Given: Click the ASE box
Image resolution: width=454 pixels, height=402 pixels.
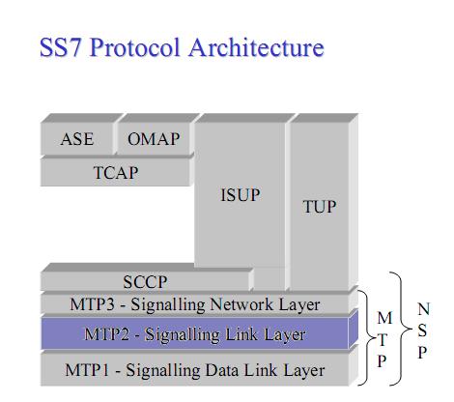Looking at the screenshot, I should pos(77,139).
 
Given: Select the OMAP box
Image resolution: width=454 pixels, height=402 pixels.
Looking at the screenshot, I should pos(154,139).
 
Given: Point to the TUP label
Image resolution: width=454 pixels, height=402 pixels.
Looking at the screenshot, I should pos(319,207).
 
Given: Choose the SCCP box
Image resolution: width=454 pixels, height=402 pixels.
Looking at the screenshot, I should pos(145,282).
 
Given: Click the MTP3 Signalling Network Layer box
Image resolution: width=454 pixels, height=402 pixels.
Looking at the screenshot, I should pos(194,304).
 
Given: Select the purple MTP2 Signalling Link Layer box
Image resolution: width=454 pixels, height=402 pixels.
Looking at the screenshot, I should pos(194,335).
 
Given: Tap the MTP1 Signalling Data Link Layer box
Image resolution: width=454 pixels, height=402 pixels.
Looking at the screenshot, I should pos(194,369).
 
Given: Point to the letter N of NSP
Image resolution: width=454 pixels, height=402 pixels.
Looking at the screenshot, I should pos(423,310).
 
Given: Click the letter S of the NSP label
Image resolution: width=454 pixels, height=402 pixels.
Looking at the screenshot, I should pos(423,331).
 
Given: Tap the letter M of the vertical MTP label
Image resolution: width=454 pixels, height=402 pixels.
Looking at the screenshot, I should pos(383,318).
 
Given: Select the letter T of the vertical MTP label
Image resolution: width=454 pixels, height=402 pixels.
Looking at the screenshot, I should pos(383,339).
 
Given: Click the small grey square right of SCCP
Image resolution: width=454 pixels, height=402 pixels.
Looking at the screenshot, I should pos(270,279).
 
